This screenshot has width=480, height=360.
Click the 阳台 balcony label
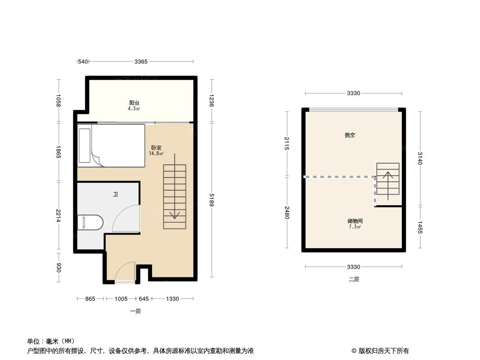[134, 103]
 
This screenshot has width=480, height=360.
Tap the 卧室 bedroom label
[156, 148]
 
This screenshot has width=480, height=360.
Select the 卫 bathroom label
[116, 194]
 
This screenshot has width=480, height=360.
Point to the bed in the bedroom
[112, 145]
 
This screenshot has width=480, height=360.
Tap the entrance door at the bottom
[125, 273]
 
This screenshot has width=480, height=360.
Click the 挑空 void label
[350, 135]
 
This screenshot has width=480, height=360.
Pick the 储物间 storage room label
[355, 221]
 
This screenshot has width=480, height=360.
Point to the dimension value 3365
[141, 62]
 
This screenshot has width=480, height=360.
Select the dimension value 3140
[420, 158]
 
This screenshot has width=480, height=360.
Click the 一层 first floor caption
[136, 311]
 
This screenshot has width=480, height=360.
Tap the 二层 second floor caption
[354, 279]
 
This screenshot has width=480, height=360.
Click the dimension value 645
[143, 298]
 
